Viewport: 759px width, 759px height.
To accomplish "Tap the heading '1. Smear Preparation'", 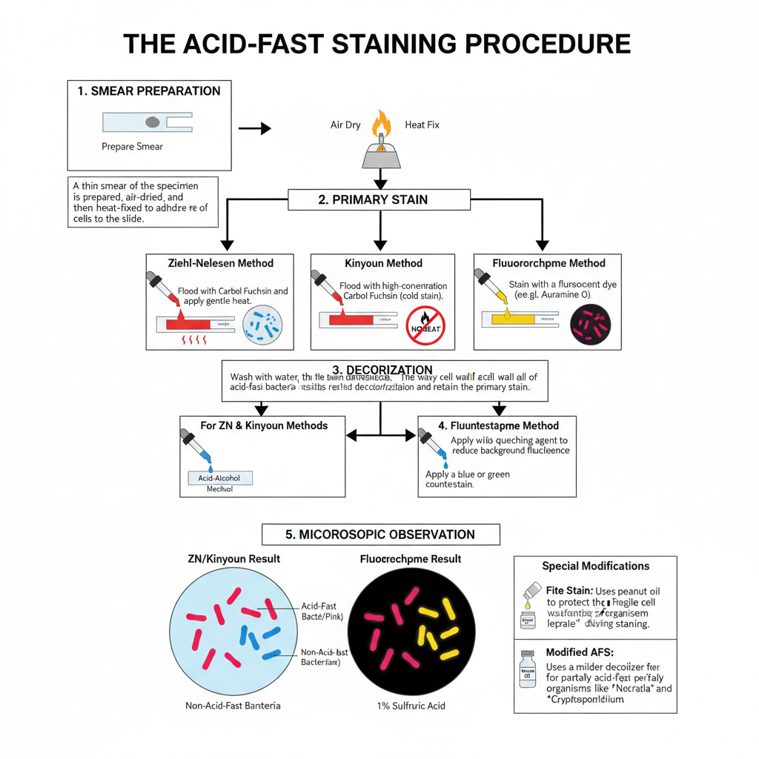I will click(148, 91).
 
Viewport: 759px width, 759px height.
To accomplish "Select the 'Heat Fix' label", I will click(422, 125).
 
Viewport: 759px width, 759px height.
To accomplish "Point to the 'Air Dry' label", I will click(345, 125).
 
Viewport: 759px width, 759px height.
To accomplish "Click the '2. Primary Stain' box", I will click(379, 199).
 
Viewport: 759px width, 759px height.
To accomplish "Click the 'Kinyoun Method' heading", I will click(383, 263).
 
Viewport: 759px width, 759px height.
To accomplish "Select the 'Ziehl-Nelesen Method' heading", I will click(220, 263).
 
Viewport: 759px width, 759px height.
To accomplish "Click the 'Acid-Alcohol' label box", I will click(220, 478).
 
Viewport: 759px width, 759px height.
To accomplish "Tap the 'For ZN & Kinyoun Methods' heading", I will click(264, 425).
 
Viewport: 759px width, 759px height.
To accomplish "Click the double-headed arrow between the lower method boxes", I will click(381, 436).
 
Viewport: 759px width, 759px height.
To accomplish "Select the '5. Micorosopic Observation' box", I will click(380, 534).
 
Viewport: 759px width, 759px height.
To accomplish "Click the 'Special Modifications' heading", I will click(595, 566).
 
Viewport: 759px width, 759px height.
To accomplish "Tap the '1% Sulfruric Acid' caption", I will click(411, 706).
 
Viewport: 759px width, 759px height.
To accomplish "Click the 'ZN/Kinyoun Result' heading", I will click(233, 558).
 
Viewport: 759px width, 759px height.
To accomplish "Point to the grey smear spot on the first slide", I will click(153, 122).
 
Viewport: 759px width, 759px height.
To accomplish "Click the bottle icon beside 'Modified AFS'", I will click(527, 670).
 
